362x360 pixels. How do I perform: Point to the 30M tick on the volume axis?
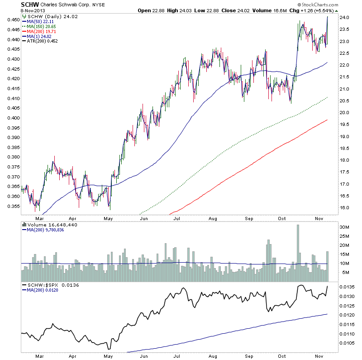coord(345,227)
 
